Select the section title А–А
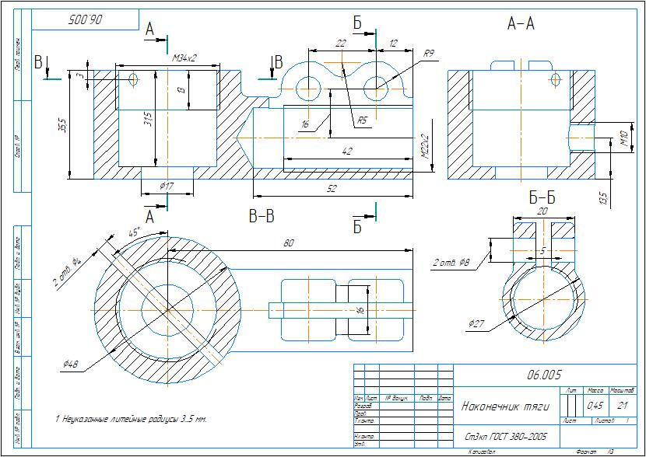(x=521, y=24)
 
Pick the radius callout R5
(x=362, y=120)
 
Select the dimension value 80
(x=289, y=243)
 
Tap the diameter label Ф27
(x=478, y=323)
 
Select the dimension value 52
(x=332, y=189)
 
